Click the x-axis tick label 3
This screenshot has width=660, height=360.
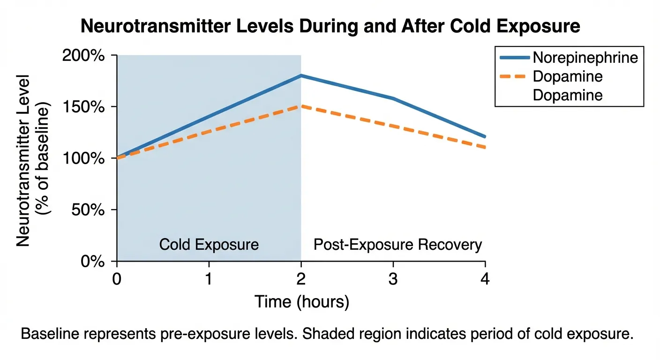[393, 279]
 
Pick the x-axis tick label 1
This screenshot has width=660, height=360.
[209, 279]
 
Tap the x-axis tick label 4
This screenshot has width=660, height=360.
[485, 279]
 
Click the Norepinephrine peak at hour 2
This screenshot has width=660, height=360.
[301, 75]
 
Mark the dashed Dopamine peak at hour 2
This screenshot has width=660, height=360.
[301, 106]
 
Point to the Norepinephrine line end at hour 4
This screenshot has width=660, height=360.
[485, 136]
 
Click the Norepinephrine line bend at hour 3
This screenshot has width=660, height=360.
[393, 98]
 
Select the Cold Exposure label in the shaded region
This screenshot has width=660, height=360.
[209, 245]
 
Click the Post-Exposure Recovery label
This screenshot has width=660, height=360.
[397, 245]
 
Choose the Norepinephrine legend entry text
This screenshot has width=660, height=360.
[585, 58]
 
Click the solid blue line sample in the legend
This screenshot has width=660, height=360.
[515, 58]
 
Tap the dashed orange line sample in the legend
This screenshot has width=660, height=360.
[515, 76]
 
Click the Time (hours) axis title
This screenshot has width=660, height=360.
[301, 302]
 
